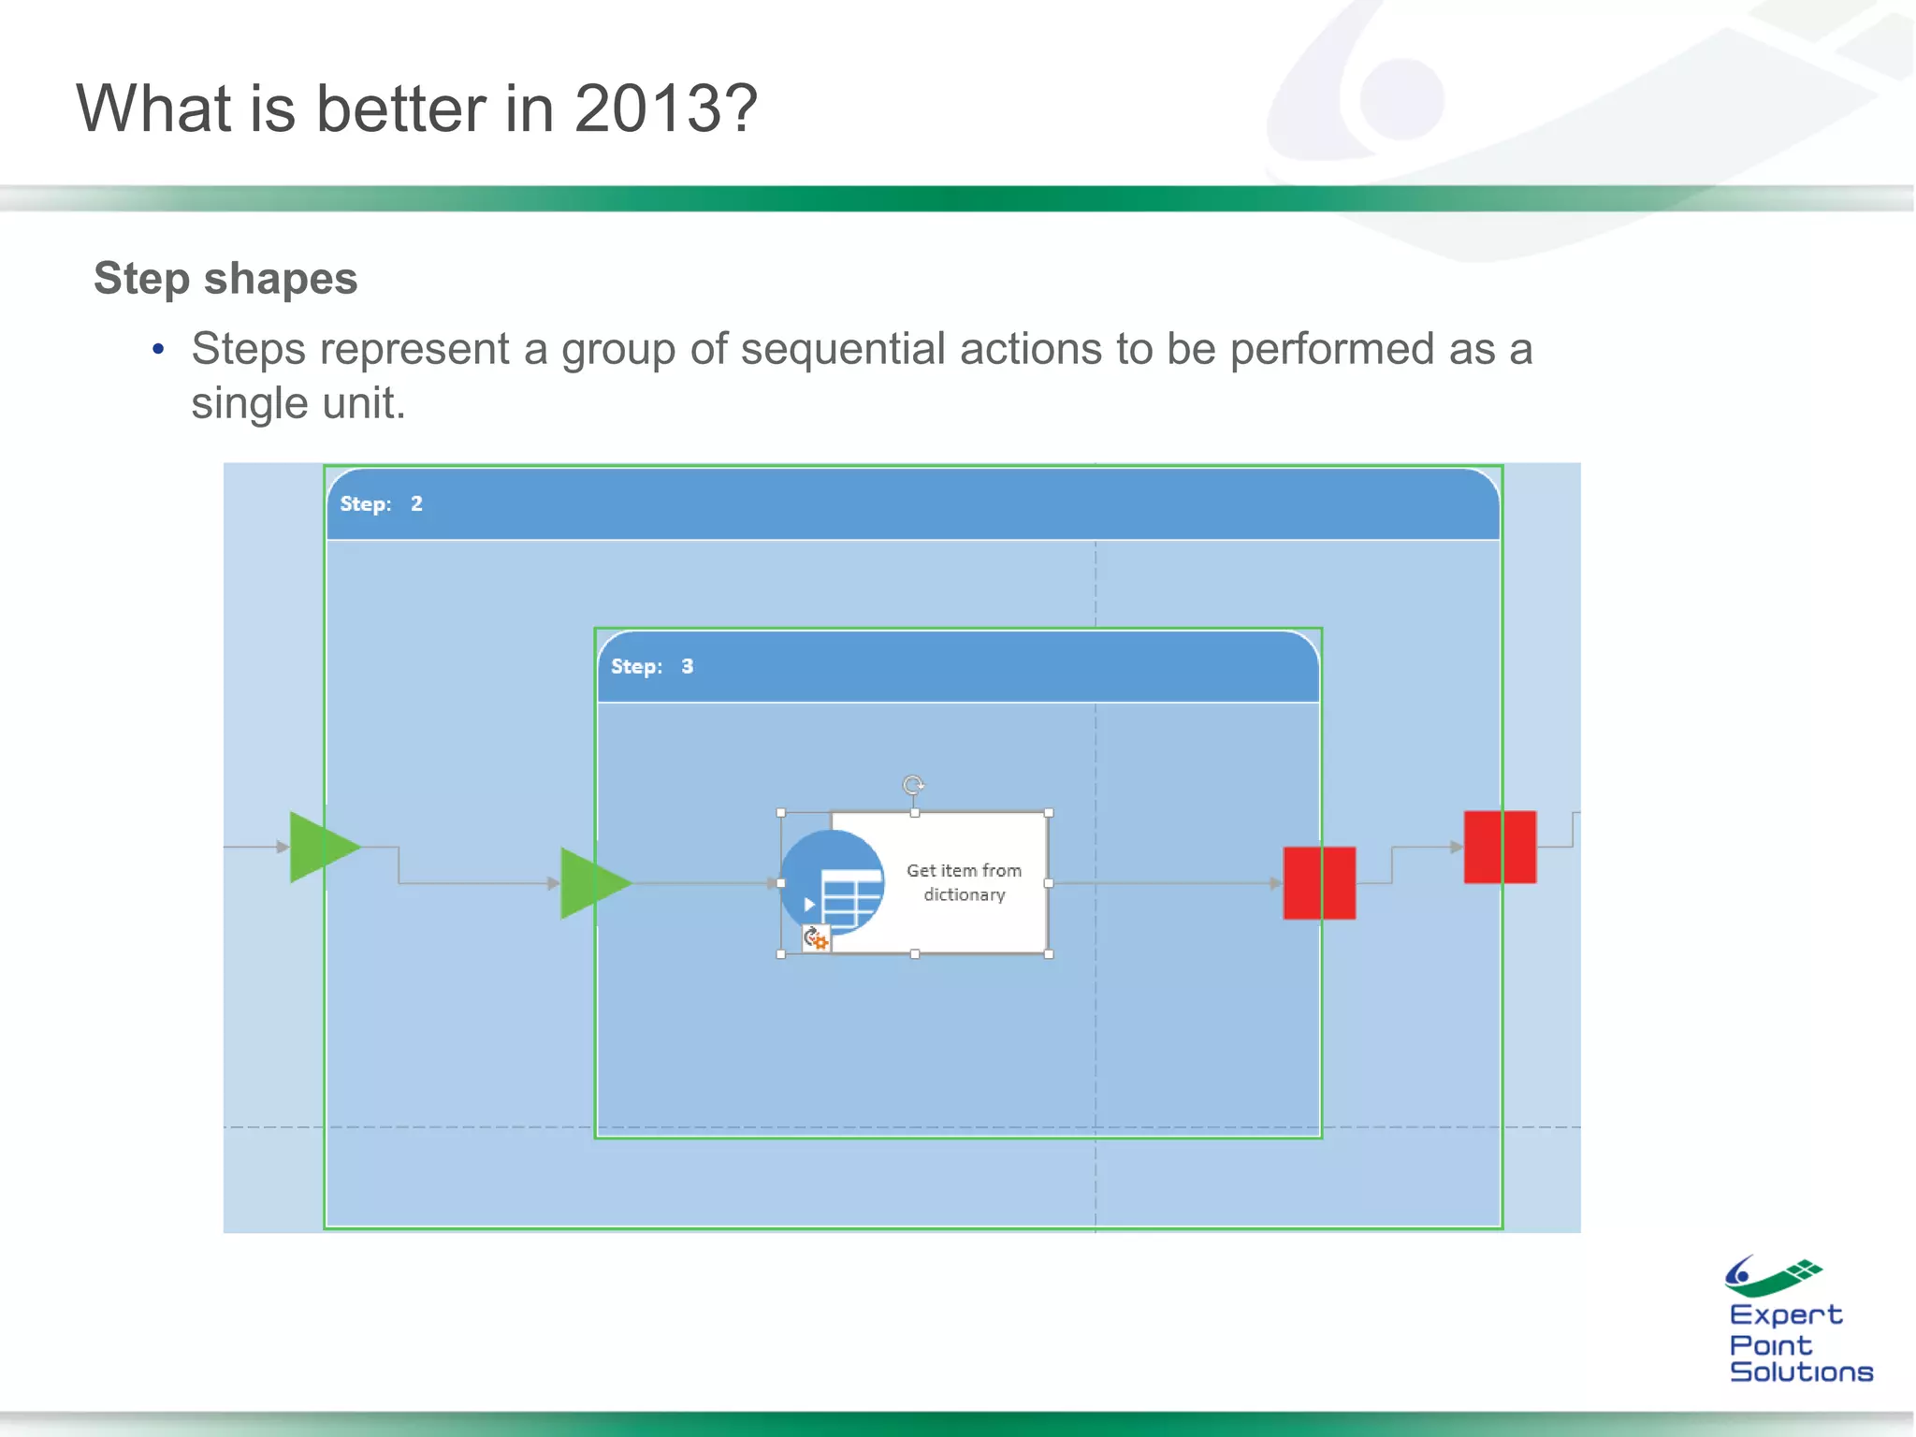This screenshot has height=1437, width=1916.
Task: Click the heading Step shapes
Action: [x=225, y=279]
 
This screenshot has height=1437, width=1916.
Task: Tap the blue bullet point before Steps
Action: [x=158, y=350]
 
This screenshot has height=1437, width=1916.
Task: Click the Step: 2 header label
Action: [x=381, y=504]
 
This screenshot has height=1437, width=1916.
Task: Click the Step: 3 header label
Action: [x=652, y=667]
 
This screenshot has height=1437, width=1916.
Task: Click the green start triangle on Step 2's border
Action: [x=321, y=848]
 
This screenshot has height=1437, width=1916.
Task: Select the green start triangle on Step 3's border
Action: [x=592, y=883]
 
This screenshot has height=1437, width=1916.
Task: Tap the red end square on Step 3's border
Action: [x=1319, y=883]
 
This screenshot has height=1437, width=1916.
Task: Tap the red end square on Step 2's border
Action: [x=1500, y=848]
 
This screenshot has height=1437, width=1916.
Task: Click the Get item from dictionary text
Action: [x=964, y=882]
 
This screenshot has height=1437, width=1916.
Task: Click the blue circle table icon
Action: [x=833, y=881]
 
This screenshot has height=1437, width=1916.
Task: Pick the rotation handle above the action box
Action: [x=913, y=785]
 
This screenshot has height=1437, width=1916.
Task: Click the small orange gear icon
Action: [x=817, y=938]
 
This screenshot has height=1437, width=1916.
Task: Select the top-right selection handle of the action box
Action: [x=1049, y=813]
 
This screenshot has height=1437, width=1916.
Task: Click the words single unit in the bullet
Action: [x=298, y=404]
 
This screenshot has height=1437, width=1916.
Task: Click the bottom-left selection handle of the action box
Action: [x=781, y=954]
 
